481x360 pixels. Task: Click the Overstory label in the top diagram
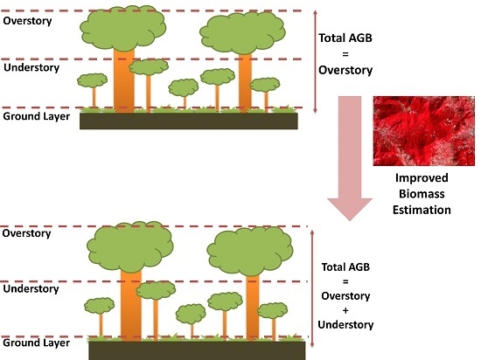tap(27, 19)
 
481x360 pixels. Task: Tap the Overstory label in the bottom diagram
tap(27, 233)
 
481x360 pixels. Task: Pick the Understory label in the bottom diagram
tap(31, 288)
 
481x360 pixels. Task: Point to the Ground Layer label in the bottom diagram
tap(36, 343)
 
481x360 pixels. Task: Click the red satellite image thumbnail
tap(422, 130)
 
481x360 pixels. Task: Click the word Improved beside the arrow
tap(422, 179)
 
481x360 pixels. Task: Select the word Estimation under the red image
tap(422, 210)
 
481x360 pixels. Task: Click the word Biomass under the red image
tap(422, 195)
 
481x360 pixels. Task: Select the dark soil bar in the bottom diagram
tap(197, 350)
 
